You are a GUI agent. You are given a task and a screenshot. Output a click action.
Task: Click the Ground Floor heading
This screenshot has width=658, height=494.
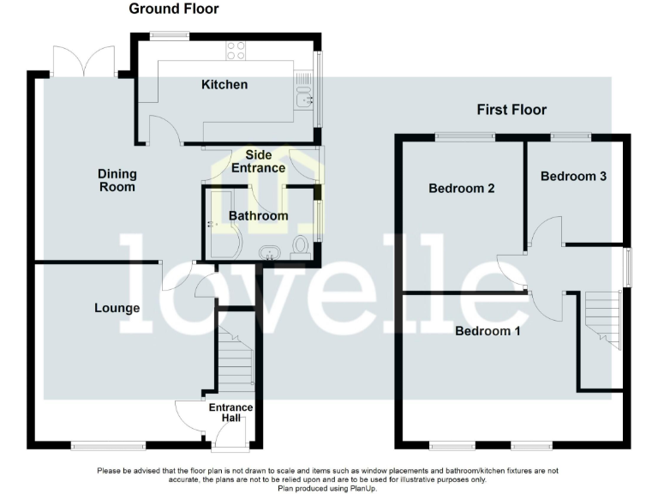click(x=173, y=9)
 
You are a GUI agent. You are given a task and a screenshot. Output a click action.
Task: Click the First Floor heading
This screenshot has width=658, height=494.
click(x=511, y=110)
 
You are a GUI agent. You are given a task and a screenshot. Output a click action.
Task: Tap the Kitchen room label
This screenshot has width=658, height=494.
click(x=224, y=84)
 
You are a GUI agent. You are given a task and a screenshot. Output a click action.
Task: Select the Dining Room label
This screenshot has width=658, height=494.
click(x=117, y=180)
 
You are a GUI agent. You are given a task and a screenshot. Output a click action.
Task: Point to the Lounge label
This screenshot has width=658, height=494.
click(x=117, y=308)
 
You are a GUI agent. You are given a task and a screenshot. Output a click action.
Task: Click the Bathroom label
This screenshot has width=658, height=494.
click(x=258, y=215)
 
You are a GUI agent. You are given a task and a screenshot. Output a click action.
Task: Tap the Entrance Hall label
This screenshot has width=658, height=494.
click(x=231, y=413)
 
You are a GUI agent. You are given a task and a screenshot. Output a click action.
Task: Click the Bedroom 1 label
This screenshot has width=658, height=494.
click(x=488, y=331)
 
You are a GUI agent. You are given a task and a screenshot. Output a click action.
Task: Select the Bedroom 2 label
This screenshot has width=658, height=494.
click(x=462, y=189)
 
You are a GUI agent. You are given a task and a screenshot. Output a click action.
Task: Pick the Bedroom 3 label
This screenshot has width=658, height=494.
click(x=573, y=176)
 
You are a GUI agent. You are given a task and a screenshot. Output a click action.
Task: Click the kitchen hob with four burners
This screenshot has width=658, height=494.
click(x=236, y=51)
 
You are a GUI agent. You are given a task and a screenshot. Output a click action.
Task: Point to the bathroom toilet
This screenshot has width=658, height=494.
click(x=300, y=247)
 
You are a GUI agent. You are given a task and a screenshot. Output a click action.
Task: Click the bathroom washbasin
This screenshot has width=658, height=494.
click(x=270, y=252)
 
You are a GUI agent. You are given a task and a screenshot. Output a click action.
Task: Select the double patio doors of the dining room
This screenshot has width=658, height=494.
click(x=83, y=60)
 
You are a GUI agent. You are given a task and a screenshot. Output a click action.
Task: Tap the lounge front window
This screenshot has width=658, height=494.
click(x=109, y=444)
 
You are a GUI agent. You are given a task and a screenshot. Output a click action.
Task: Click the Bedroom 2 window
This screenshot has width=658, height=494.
click(x=464, y=136)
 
